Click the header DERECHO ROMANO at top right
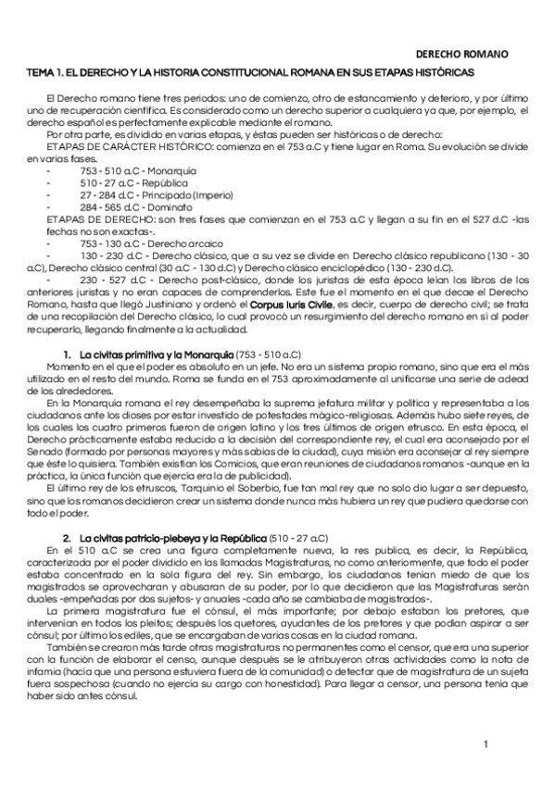[x=460, y=55]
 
